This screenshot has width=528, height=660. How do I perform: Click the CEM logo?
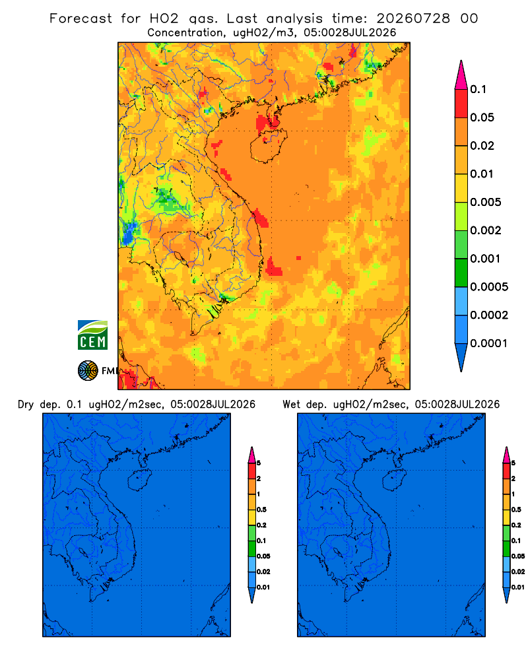[92, 335]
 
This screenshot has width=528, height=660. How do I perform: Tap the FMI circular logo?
[88, 370]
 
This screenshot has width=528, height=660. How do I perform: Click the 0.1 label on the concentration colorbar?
[478, 89]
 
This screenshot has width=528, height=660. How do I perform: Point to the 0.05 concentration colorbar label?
[482, 117]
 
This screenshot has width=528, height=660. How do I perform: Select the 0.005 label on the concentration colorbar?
[486, 202]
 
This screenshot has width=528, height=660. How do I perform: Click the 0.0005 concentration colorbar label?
[489, 286]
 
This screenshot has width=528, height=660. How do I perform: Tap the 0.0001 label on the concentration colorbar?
[489, 343]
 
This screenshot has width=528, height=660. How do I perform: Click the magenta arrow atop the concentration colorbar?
[461, 75]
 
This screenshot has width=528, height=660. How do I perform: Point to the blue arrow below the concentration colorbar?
[461, 357]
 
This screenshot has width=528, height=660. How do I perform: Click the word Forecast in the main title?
[81, 18]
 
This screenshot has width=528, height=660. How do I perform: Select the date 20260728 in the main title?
[413, 18]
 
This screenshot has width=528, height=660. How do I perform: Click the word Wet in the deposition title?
[291, 405]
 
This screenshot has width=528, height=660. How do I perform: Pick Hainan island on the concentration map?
[269, 146]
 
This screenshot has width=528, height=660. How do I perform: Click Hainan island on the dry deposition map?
[139, 480]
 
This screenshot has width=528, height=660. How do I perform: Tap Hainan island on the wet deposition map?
[393, 480]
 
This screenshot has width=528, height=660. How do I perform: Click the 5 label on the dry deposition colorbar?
[259, 463]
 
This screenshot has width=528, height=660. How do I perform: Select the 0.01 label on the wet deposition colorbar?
[518, 587]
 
